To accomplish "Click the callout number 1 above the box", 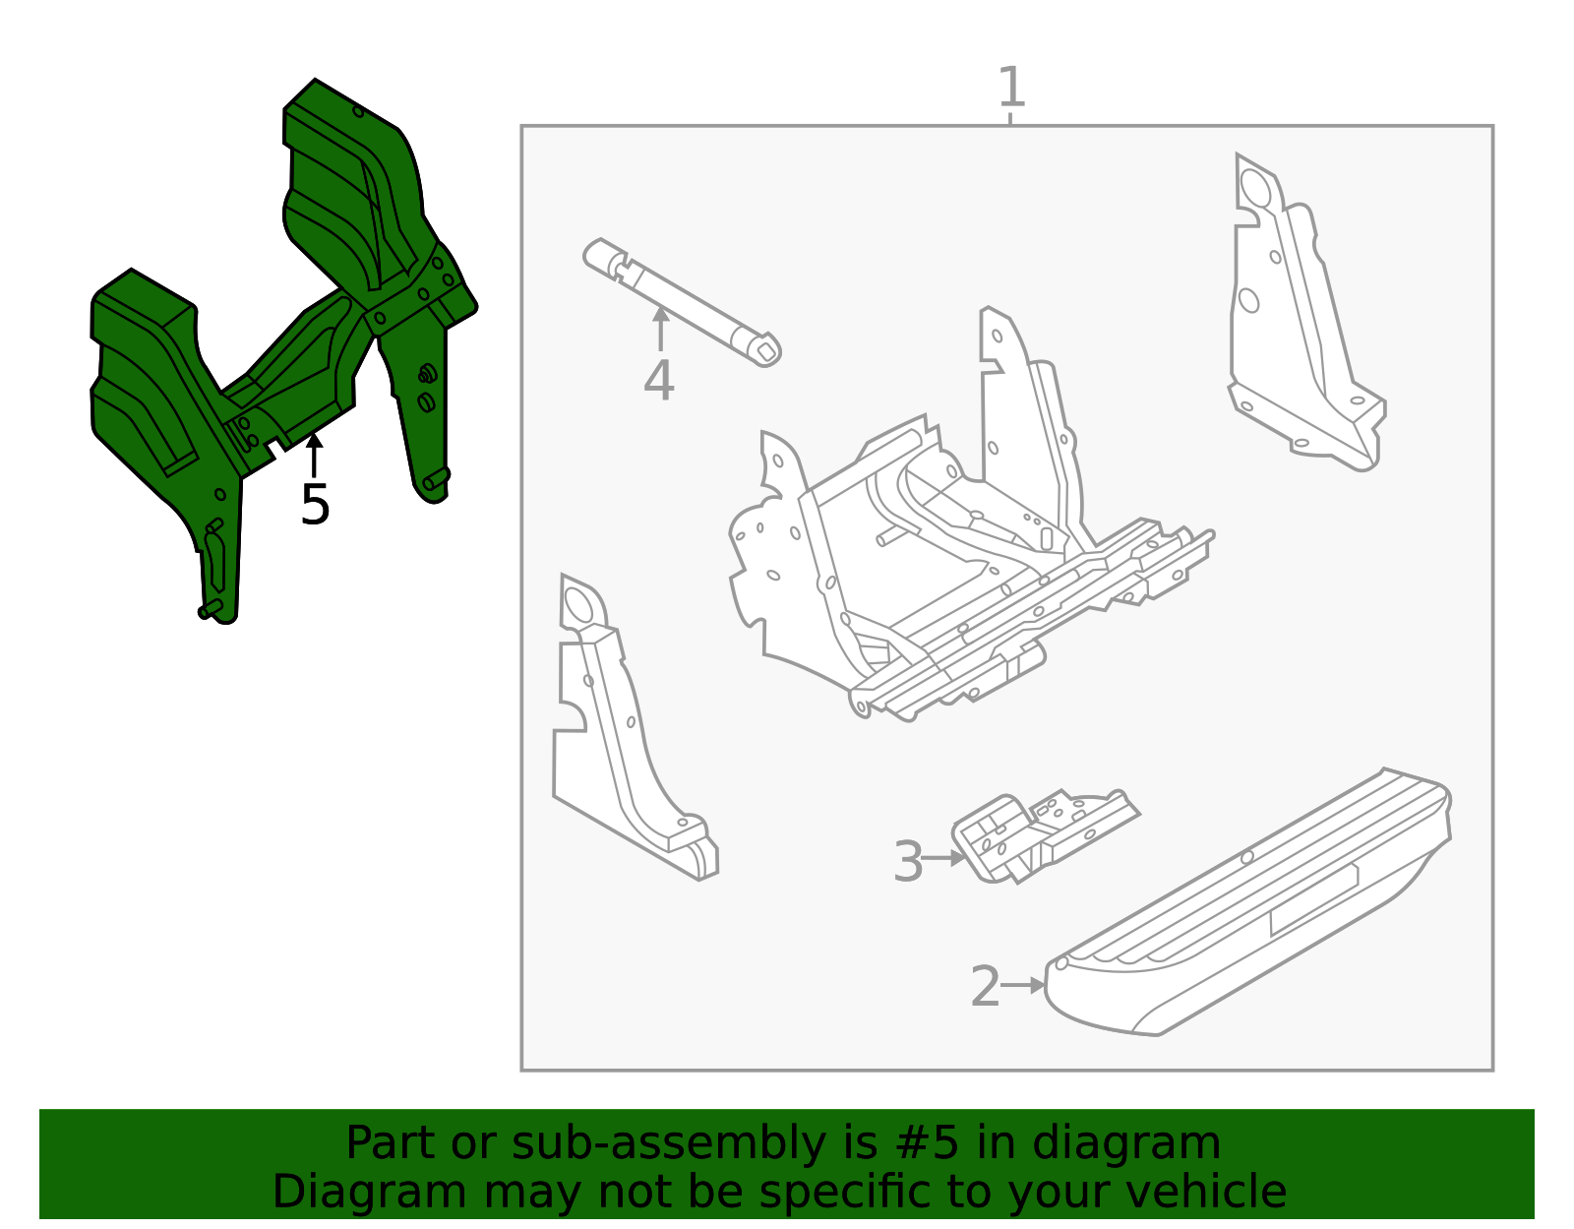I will [x=1010, y=88].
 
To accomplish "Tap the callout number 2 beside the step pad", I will [x=985, y=986].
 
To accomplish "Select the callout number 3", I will [x=908, y=861].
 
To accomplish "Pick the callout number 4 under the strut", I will [x=659, y=381].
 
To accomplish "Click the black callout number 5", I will [x=315, y=505].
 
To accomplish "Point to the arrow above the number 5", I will [x=314, y=455].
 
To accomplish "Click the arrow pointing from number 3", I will [x=944, y=858].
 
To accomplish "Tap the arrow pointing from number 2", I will [x=1025, y=984].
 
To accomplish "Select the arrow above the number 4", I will [x=661, y=329].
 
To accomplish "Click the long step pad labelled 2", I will [x=1249, y=905].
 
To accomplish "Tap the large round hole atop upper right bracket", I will [x=1254, y=186].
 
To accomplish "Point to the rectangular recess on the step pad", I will [x=1313, y=899].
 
